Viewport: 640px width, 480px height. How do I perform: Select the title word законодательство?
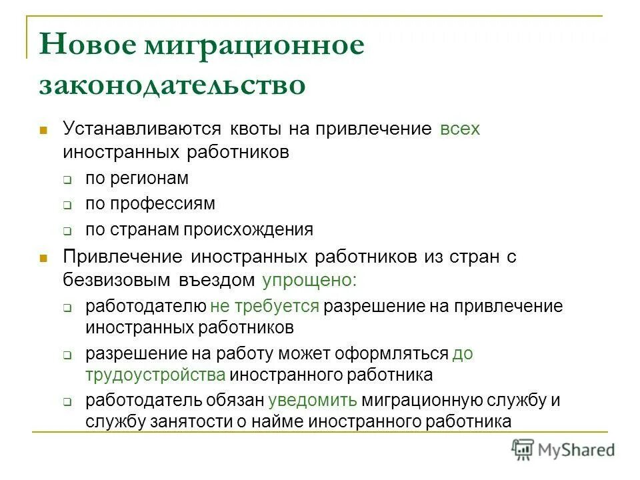click(172, 86)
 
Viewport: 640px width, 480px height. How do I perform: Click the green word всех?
click(460, 129)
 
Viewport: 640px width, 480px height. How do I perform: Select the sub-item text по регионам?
click(137, 179)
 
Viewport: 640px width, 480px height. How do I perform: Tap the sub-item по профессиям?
click(150, 204)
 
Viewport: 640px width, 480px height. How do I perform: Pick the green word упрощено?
click(309, 281)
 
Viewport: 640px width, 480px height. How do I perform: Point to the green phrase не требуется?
click(265, 307)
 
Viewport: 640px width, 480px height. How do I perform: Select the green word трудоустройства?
click(155, 375)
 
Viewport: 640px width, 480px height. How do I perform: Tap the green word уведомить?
click(313, 401)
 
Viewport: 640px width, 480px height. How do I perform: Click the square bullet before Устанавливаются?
click(44, 129)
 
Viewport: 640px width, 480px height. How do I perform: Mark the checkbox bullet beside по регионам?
click(68, 180)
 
